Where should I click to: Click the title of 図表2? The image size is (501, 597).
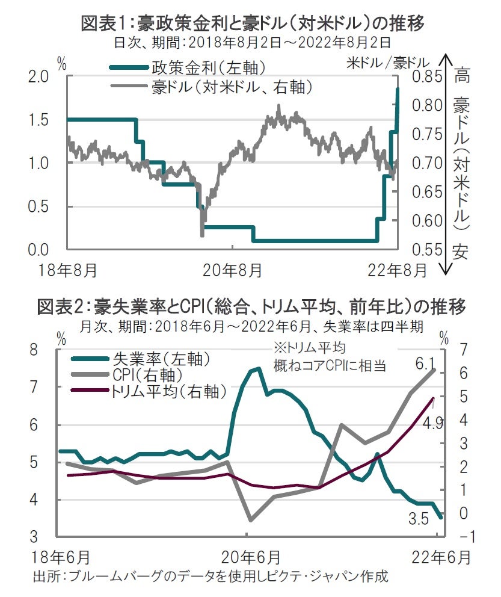click(251, 307)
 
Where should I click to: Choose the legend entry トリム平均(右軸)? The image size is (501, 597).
click(168, 392)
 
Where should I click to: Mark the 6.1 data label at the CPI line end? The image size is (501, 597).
click(425, 363)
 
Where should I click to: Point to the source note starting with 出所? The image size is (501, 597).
click(211, 576)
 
